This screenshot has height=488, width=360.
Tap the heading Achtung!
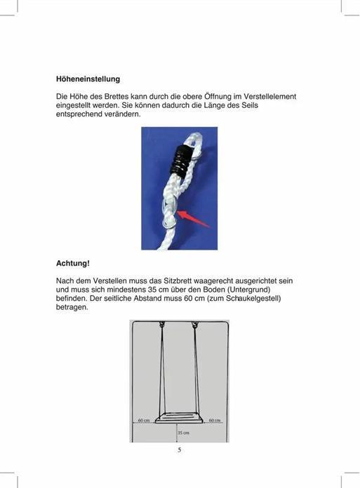pos(73,264)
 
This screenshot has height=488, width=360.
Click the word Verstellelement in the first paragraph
pos(269,96)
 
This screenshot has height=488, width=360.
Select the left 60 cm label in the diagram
pos(143,420)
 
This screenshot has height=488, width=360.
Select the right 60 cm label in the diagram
pos(215,420)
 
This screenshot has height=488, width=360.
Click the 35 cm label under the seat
pos(184,433)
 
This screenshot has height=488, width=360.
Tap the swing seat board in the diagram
pos(179,419)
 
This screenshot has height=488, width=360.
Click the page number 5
pos(180,449)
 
